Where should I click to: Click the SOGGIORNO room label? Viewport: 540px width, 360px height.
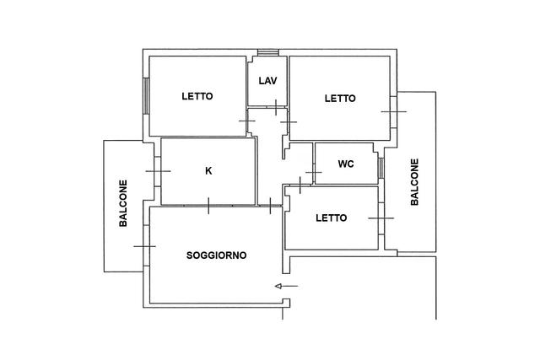[216, 255]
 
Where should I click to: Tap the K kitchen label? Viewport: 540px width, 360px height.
[208, 170]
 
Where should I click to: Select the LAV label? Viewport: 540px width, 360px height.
[268, 81]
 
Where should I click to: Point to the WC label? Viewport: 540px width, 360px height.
[346, 164]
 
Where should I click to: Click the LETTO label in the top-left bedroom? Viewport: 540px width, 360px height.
[197, 96]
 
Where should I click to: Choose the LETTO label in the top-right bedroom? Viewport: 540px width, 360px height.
[340, 99]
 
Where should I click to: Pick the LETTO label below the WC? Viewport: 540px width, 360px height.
[332, 218]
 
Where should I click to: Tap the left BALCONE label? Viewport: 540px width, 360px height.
[123, 203]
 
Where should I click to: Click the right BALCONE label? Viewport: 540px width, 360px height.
[414, 182]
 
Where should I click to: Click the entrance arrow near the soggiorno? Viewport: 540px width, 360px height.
[287, 286]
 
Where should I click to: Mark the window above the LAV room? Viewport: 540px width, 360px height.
[268, 52]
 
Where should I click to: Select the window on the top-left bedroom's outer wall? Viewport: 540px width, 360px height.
[146, 96]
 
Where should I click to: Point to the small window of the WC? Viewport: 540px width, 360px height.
[381, 168]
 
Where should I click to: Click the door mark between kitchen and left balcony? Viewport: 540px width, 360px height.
[158, 171]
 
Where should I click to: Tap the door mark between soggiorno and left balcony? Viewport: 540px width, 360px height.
[144, 246]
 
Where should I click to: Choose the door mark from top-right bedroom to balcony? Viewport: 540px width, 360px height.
[394, 111]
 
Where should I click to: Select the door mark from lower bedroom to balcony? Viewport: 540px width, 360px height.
[381, 218]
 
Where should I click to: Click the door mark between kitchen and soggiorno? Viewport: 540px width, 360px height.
[208, 206]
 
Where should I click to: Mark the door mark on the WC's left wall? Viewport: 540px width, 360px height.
[314, 172]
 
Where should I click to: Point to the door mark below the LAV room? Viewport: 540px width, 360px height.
[276, 107]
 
